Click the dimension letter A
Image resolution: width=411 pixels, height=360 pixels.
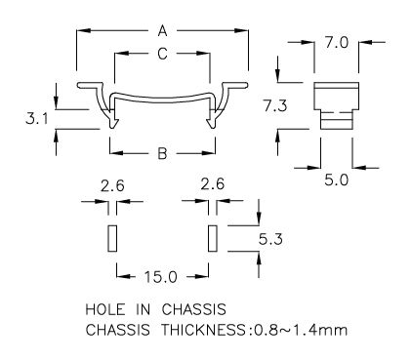[x=162, y=31]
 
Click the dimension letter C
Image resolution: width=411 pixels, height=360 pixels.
[x=162, y=54]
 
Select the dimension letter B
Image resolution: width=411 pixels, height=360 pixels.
[x=162, y=153]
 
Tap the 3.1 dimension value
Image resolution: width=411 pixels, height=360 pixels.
[x=37, y=119]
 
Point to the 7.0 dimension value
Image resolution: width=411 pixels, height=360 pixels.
[x=337, y=43]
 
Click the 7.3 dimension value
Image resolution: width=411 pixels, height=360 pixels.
[x=275, y=106]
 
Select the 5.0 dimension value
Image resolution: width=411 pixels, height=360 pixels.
[x=337, y=180]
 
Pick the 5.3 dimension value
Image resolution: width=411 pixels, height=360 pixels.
[x=270, y=240]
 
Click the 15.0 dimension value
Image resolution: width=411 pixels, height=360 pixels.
[x=161, y=277]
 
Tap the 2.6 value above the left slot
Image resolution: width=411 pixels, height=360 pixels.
[x=112, y=185]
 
